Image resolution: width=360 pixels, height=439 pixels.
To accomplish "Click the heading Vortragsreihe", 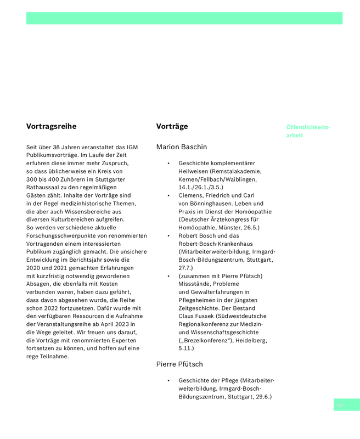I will (x=51, y=126).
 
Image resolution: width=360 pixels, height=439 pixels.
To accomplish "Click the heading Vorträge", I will (x=172, y=126).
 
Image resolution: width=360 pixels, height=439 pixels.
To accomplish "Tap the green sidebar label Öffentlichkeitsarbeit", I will (x=308, y=131).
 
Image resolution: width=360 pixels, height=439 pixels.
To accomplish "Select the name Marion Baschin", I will (x=182, y=147).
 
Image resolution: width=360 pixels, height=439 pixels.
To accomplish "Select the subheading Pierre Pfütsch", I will (x=179, y=364).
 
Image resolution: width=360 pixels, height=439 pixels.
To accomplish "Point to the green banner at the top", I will (x=184, y=18).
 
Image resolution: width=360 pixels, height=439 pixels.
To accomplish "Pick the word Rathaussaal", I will (x=43, y=187).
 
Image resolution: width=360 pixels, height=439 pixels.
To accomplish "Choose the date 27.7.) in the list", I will (x=185, y=267).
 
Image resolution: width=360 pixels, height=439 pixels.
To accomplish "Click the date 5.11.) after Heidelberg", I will (x=186, y=348).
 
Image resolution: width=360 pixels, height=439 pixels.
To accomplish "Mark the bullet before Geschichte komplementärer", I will (x=168, y=164).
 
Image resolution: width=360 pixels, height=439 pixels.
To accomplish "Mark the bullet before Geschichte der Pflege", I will (x=168, y=380).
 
